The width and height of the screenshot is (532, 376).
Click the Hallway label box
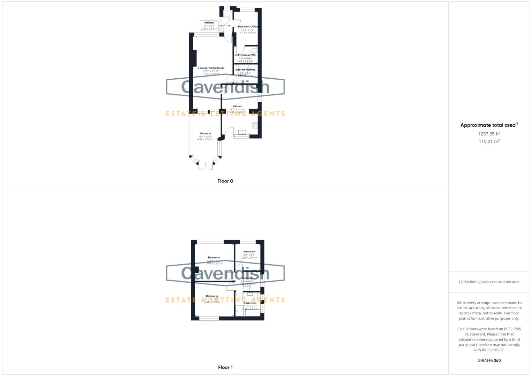(x=209, y=25)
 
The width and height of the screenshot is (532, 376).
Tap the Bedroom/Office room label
(x=247, y=27)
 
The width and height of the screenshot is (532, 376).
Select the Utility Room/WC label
(x=245, y=55)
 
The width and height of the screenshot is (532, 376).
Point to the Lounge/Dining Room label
(x=211, y=68)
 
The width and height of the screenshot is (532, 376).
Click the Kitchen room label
(x=237, y=107)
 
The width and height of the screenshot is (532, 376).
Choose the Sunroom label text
(x=205, y=133)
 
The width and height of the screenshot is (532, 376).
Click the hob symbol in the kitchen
(x=255, y=125)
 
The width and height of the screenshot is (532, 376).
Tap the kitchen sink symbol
(x=242, y=132)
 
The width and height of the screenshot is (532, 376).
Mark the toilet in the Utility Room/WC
(x=254, y=51)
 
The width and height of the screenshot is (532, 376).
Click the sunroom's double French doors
(x=206, y=166)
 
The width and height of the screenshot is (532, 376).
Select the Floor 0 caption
(x=225, y=181)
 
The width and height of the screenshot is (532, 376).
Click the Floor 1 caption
(x=225, y=367)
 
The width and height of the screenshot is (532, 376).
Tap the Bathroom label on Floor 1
(x=250, y=303)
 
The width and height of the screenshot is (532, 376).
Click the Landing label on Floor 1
(x=247, y=279)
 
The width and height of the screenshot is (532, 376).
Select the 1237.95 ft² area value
(x=489, y=134)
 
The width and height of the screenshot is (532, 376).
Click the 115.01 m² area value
(x=489, y=141)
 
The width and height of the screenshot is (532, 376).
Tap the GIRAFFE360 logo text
(x=489, y=360)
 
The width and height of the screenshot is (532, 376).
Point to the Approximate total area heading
(x=489, y=125)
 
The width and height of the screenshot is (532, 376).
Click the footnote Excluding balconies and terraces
(x=489, y=282)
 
